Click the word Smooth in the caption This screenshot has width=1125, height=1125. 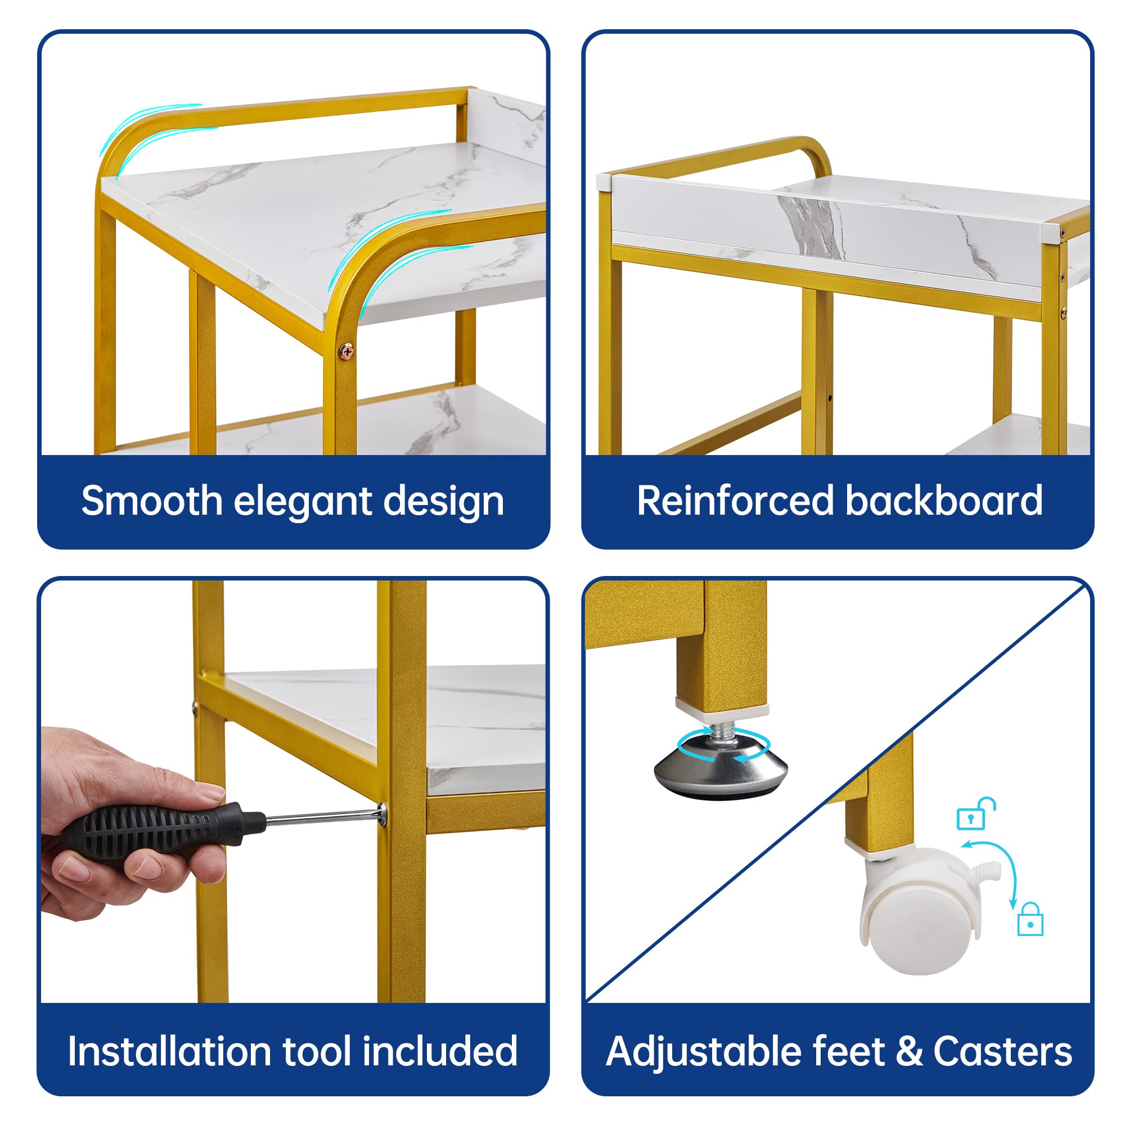(x=151, y=502)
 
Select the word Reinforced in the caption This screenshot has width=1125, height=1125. (x=735, y=502)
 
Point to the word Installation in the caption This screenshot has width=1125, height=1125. (x=169, y=1052)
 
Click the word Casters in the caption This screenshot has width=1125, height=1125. (x=1002, y=1052)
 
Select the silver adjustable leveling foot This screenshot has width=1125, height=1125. (x=721, y=768)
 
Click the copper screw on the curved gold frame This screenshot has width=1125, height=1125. (x=346, y=351)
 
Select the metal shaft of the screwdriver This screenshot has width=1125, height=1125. (x=323, y=817)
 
